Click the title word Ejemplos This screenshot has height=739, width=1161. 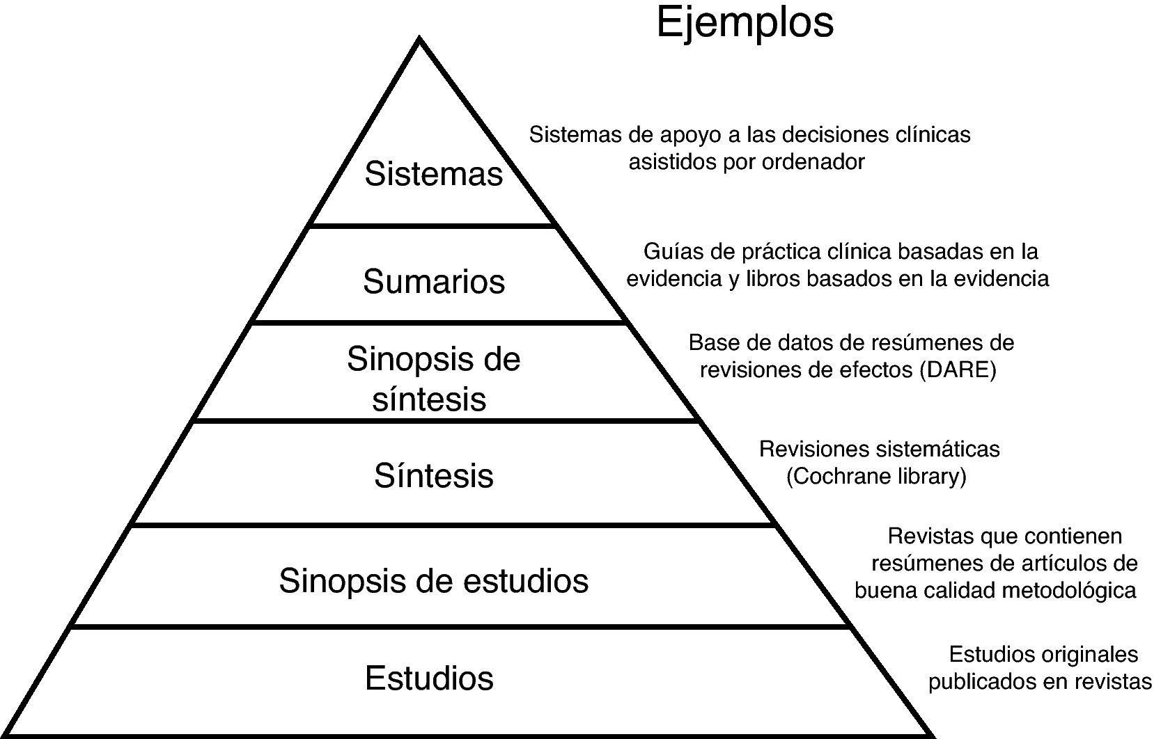pyautogui.click(x=745, y=22)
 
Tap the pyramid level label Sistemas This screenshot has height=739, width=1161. pyautogui.click(x=433, y=174)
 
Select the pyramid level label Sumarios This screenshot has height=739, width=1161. pyautogui.click(x=433, y=282)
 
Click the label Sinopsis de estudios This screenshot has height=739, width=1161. pyautogui.click(x=433, y=580)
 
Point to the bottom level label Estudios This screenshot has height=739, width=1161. pyautogui.click(x=429, y=678)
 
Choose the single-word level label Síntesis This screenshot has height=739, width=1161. pyautogui.click(x=433, y=476)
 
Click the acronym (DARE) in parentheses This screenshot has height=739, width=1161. pyautogui.click(x=958, y=370)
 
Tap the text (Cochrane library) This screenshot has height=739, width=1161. pyautogui.click(x=876, y=477)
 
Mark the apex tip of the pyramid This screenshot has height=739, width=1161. pyautogui.click(x=419, y=40)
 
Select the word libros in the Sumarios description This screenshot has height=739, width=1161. pyautogui.click(x=772, y=279)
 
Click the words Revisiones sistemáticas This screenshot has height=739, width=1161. pyautogui.click(x=879, y=450)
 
